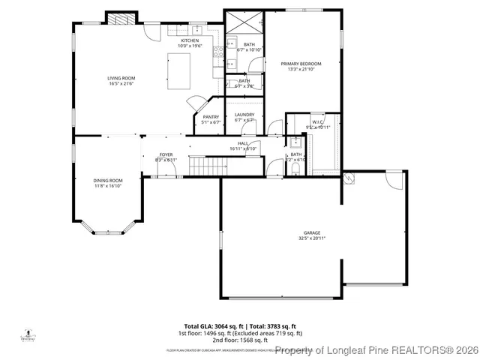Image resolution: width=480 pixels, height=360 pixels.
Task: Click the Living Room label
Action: pyautogui.click(x=121, y=77)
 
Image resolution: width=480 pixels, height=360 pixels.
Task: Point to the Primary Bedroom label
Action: pyautogui.click(x=301, y=64)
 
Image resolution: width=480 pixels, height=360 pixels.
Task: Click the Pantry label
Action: pyautogui.click(x=211, y=116)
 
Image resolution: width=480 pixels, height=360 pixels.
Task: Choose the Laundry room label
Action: pyautogui.click(x=244, y=114)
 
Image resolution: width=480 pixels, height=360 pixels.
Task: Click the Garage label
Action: pyautogui.click(x=311, y=232)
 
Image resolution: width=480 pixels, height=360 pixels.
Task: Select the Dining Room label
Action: pyautogui.click(x=108, y=180)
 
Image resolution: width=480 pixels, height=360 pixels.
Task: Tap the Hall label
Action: pyautogui.click(x=244, y=142)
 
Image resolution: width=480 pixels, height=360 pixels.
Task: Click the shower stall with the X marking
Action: pyautogui.click(x=244, y=22)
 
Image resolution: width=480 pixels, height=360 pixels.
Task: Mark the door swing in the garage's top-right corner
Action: pyautogui.click(x=394, y=180)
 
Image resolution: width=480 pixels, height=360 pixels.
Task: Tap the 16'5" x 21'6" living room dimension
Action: pyautogui.click(x=121, y=82)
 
